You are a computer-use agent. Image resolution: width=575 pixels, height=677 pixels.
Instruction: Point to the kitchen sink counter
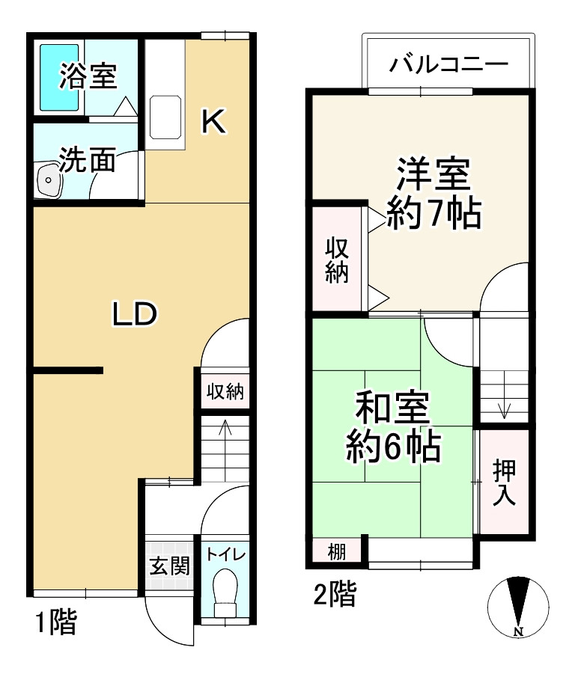click(x=166, y=117)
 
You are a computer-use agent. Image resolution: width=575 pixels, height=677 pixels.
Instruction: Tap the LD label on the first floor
click(x=134, y=314)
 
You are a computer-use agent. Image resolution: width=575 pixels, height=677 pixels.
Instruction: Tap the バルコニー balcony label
click(x=448, y=64)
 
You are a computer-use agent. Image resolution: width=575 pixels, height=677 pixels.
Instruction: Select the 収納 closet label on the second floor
click(x=337, y=259)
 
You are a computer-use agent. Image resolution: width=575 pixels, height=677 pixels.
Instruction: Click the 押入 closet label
click(x=504, y=483)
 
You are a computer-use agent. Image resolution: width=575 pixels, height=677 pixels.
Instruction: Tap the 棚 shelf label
click(x=337, y=554)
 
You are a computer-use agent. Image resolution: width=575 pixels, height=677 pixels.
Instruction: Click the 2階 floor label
click(x=334, y=596)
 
